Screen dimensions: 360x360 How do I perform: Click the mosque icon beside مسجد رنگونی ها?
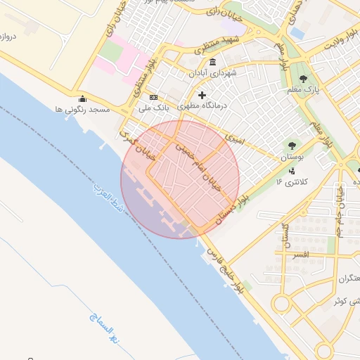point(82,99)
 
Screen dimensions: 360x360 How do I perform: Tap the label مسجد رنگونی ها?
point(82,110)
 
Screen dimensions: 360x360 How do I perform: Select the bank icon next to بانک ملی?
point(153,98)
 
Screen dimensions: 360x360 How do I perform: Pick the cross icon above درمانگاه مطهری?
point(202,95)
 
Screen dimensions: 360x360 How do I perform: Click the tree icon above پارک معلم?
point(304,79)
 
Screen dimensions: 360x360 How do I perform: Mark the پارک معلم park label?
point(304,90)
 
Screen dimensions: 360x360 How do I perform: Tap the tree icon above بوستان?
point(289,146)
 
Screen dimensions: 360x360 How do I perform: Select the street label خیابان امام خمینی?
point(198,166)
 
